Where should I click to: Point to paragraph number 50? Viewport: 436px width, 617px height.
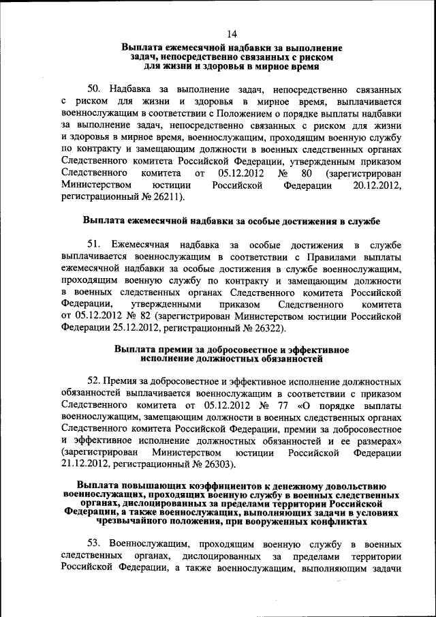pyautogui.click(x=95, y=89)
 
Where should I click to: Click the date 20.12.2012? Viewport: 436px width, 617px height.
pyautogui.click(x=373, y=184)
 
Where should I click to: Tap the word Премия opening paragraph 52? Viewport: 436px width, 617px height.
pyautogui.click(x=125, y=382)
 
